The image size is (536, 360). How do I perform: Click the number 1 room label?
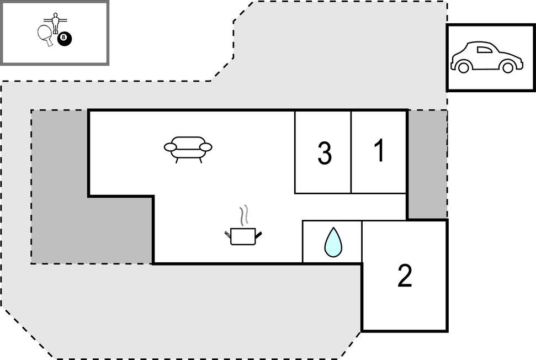379,150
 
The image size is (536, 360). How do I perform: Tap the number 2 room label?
405,275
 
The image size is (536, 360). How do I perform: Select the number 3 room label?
325,153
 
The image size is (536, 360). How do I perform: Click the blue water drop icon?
333,242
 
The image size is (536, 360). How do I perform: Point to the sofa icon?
188,150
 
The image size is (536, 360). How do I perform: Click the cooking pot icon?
243,236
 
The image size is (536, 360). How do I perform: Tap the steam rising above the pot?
243,215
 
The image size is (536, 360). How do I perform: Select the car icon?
487,57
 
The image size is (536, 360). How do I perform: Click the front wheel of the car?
508,66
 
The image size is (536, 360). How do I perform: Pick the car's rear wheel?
463,66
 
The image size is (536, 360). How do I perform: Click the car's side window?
485,50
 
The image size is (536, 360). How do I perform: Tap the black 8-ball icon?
64,39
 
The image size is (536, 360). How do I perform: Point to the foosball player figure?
55,23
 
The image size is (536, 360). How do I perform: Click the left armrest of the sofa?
170,147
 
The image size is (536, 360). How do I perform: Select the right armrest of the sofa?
206,147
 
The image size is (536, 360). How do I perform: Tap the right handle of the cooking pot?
259,235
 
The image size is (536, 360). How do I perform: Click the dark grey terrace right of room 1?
428,164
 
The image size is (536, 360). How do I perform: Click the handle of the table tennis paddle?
50,43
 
